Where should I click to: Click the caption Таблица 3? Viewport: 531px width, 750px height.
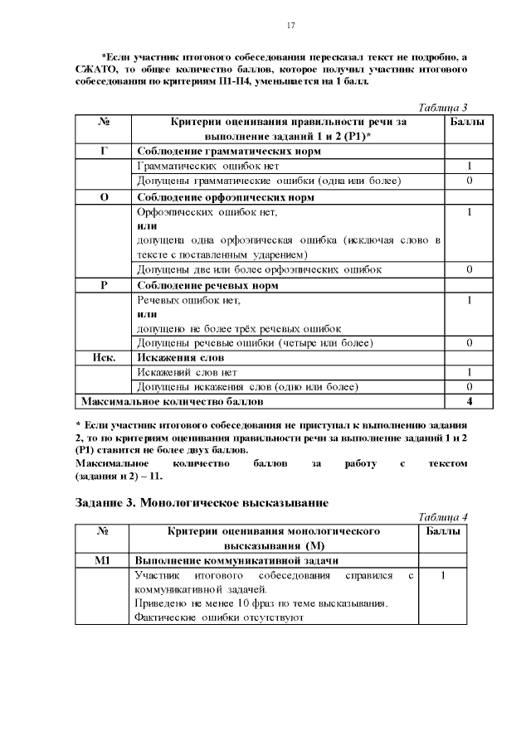click(x=444, y=108)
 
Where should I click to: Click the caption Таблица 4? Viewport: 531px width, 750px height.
click(x=443, y=516)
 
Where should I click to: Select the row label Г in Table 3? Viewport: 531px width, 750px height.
click(x=104, y=152)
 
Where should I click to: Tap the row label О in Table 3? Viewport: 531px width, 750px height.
click(x=104, y=198)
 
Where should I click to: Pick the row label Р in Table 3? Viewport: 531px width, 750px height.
click(x=104, y=285)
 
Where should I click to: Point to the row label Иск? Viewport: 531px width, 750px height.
click(x=104, y=357)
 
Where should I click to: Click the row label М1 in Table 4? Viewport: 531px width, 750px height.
click(x=104, y=561)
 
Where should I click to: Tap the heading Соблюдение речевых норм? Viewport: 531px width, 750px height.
click(x=207, y=285)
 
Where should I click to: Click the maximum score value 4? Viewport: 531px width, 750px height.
click(x=470, y=402)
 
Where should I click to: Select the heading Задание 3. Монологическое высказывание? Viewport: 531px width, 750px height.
click(x=202, y=502)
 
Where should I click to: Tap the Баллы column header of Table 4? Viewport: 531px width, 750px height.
click(x=444, y=530)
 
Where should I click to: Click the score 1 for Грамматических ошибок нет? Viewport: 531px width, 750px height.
click(x=470, y=167)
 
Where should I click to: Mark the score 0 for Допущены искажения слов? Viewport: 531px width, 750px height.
click(x=470, y=387)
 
